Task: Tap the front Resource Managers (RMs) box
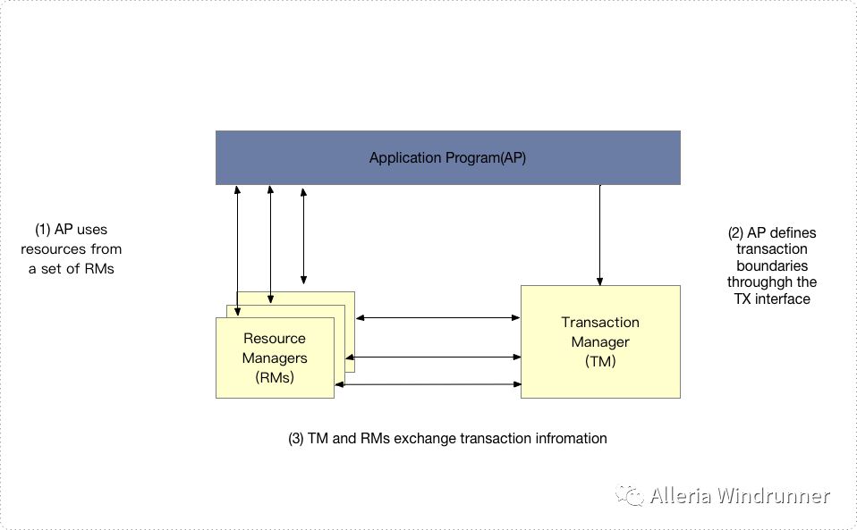[275, 358]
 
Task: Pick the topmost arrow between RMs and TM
[437, 317]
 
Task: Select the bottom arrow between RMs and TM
[428, 384]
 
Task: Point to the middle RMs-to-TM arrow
[437, 358]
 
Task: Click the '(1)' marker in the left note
[42, 230]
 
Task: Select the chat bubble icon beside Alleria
[631, 495]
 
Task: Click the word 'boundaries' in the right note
[771, 265]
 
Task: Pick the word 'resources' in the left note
[49, 248]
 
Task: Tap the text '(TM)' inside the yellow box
[600, 361]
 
